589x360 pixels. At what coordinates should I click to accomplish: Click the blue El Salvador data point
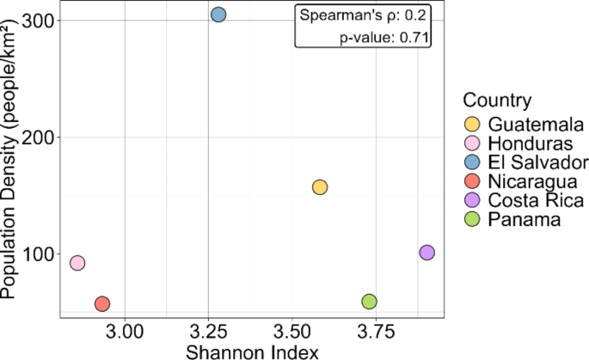pos(218,15)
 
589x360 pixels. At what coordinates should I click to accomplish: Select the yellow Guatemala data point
pos(320,187)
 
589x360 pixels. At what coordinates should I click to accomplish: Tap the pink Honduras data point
pos(77,263)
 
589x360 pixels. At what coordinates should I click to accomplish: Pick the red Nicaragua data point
pos(101,303)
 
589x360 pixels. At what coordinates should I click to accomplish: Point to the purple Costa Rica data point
pos(426,253)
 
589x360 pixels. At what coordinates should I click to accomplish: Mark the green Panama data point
pos(369,302)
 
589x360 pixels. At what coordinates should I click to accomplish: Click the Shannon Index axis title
pos(248,351)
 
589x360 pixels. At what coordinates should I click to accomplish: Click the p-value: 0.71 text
pos(383,37)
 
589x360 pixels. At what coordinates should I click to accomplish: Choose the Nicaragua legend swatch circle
pos(472,181)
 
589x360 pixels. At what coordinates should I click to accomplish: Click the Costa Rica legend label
pos(533,201)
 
